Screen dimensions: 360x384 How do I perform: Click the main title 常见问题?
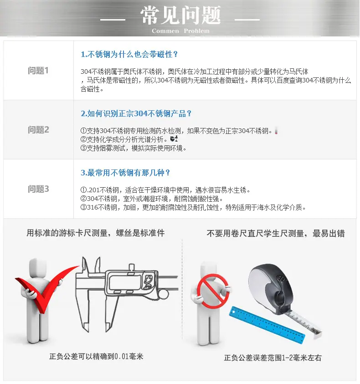180,15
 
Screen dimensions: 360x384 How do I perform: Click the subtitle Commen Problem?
180,31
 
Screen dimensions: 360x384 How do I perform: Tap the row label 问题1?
38,71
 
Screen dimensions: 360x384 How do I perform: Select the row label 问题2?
38,130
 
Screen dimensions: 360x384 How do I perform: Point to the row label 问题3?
38,189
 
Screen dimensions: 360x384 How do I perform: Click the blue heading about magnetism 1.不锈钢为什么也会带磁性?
129,54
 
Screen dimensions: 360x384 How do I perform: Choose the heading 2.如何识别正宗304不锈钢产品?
136,113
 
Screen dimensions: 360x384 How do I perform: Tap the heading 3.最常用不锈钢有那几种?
125,173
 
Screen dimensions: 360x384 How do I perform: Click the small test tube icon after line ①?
276,131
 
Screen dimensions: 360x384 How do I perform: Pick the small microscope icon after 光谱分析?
174,139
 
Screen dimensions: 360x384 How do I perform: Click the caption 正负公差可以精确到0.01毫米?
96,356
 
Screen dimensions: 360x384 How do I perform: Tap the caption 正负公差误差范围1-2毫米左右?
273,358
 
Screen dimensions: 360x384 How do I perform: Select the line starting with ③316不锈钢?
193,208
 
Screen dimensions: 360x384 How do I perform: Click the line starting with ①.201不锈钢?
165,190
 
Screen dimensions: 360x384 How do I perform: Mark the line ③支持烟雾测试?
134,148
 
